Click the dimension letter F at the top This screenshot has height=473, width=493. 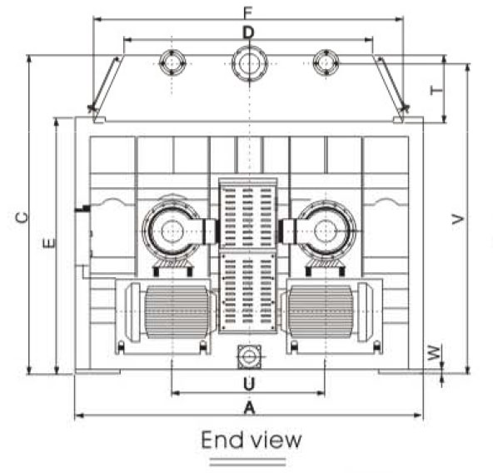(248, 12)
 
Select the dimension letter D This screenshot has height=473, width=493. (248, 32)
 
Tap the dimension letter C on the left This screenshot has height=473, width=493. (22, 217)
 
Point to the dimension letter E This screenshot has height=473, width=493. (49, 243)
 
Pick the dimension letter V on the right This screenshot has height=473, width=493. (458, 219)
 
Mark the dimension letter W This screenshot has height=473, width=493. (434, 352)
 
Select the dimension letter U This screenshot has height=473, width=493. (249, 384)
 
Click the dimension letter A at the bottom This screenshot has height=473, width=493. (249, 408)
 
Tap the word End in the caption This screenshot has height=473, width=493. (223, 440)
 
